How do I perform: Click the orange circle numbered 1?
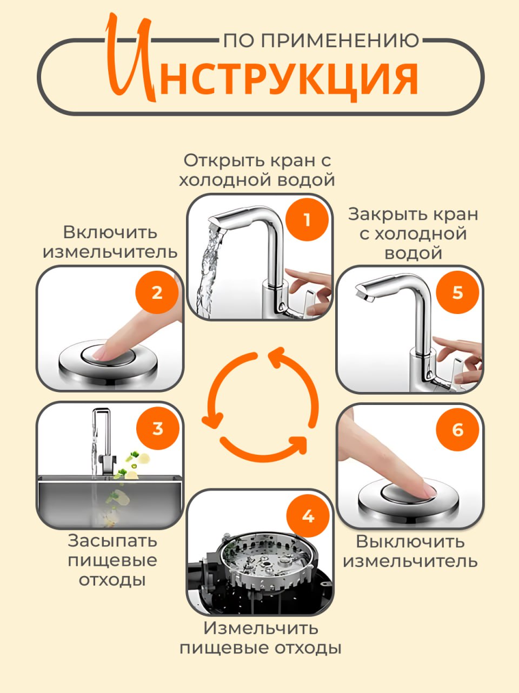click(307, 220)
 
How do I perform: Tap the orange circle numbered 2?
click(157, 292)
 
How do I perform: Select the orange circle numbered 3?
click(157, 428)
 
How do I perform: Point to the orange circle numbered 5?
click(457, 292)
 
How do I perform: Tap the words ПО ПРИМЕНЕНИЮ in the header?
click(321, 41)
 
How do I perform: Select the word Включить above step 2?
click(110, 233)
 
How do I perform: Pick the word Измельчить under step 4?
click(261, 628)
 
